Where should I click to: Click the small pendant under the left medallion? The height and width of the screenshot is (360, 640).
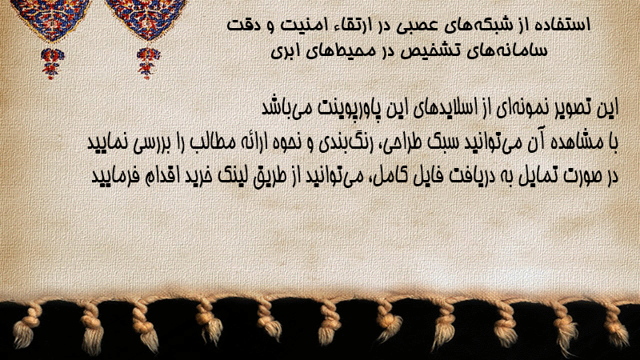(x=52, y=63)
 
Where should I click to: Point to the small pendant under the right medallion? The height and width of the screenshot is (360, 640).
(x=148, y=63)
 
